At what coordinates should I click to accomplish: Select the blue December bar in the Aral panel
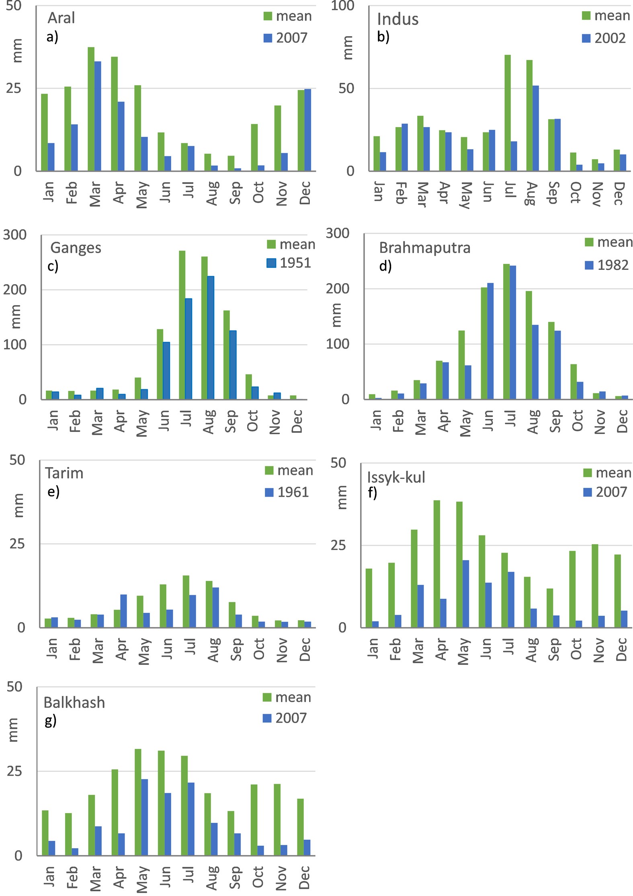tap(307, 129)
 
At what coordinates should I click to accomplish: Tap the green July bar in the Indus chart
tap(508, 113)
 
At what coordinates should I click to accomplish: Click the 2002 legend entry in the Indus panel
tap(604, 38)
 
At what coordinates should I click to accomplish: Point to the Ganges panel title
tap(76, 248)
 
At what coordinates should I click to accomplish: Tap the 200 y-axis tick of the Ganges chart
tap(15, 290)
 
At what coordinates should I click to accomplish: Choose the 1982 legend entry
tap(606, 265)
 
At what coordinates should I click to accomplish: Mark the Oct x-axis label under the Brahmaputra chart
tap(577, 421)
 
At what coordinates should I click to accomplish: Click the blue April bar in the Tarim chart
tap(123, 610)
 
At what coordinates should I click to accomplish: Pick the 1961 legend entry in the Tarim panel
tap(287, 492)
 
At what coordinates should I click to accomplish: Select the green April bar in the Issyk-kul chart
tap(436, 563)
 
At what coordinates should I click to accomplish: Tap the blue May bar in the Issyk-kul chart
tap(465, 593)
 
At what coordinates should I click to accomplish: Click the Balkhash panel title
tap(74, 703)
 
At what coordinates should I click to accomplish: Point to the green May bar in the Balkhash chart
tap(138, 801)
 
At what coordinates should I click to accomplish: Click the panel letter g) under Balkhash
tap(50, 721)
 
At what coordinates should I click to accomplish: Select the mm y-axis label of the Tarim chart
tap(18, 505)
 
